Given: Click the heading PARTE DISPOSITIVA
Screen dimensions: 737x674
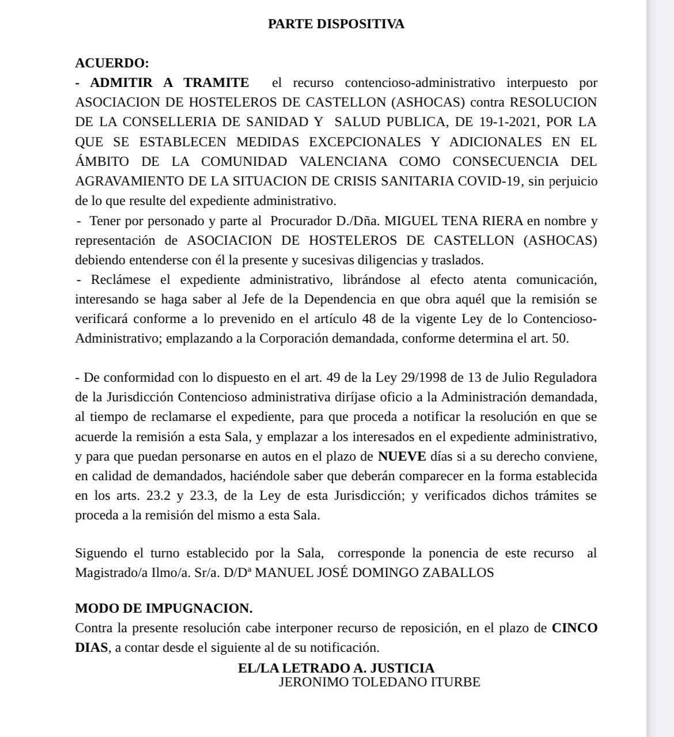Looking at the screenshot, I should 336,24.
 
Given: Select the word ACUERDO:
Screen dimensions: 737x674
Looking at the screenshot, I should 112,63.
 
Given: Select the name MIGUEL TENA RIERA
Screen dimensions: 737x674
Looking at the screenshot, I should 453,221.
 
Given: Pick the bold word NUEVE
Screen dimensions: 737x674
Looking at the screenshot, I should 402,457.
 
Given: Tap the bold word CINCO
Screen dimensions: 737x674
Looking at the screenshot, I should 574,628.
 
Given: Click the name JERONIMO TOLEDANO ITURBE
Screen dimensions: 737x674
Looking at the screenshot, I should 379,682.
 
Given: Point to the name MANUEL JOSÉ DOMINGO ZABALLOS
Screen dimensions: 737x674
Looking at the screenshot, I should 374,573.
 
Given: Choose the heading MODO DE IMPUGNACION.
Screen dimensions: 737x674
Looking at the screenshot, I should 164,609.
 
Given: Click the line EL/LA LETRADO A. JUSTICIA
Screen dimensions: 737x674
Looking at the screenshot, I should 336,668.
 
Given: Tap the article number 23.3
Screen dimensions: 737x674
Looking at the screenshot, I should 205,496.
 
